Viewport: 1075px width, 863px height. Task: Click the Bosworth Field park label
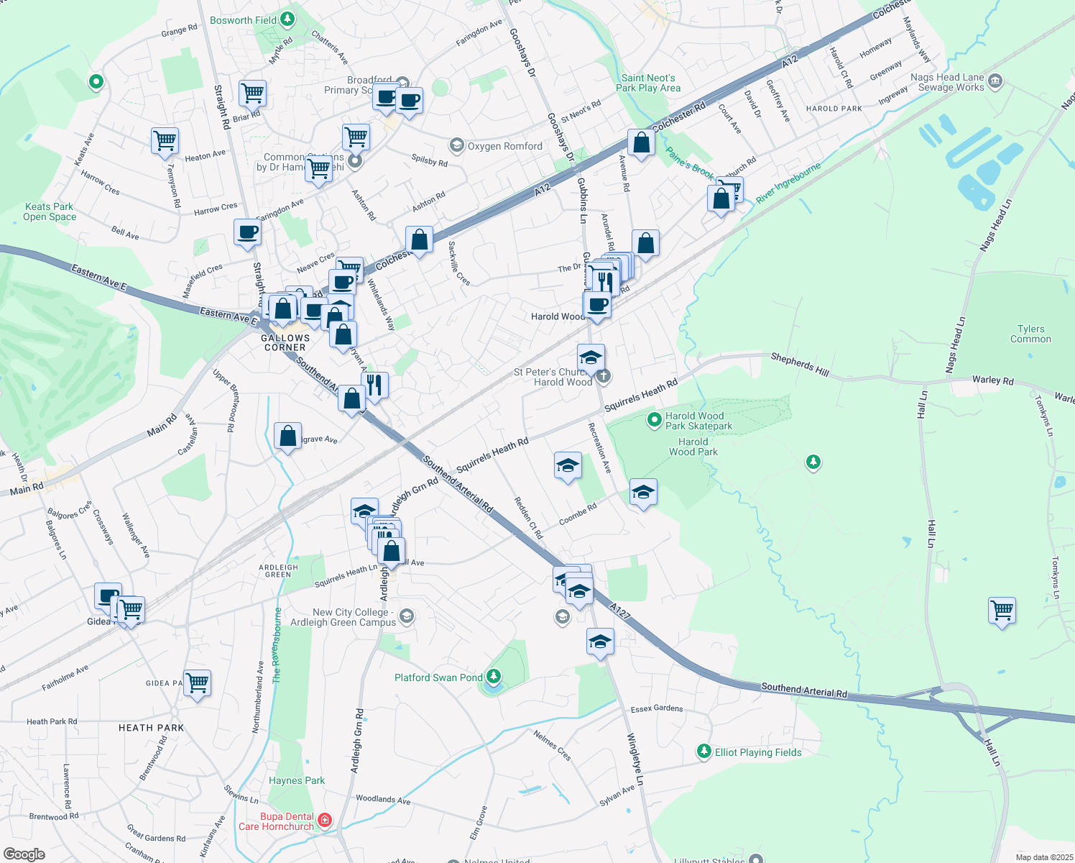point(243,20)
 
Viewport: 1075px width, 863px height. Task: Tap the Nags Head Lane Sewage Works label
point(947,82)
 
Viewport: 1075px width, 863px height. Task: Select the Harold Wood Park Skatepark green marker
point(654,419)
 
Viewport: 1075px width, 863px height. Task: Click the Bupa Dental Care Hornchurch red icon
point(324,820)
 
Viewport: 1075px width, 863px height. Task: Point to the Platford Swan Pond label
point(438,677)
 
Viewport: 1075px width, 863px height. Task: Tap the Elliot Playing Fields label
point(758,752)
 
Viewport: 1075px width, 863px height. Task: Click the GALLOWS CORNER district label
point(285,342)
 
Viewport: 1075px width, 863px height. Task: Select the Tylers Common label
point(1030,334)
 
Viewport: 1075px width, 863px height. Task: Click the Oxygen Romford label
point(505,146)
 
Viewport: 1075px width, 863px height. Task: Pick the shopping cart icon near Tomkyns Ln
point(1002,611)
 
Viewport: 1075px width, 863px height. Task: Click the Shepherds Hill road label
point(800,365)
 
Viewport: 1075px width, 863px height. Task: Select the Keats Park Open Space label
point(49,211)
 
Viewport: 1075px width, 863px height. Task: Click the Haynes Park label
point(297,780)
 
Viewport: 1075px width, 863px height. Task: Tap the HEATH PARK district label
point(151,728)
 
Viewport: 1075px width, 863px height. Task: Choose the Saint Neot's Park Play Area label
point(648,83)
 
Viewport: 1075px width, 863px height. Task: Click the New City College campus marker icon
point(406,616)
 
